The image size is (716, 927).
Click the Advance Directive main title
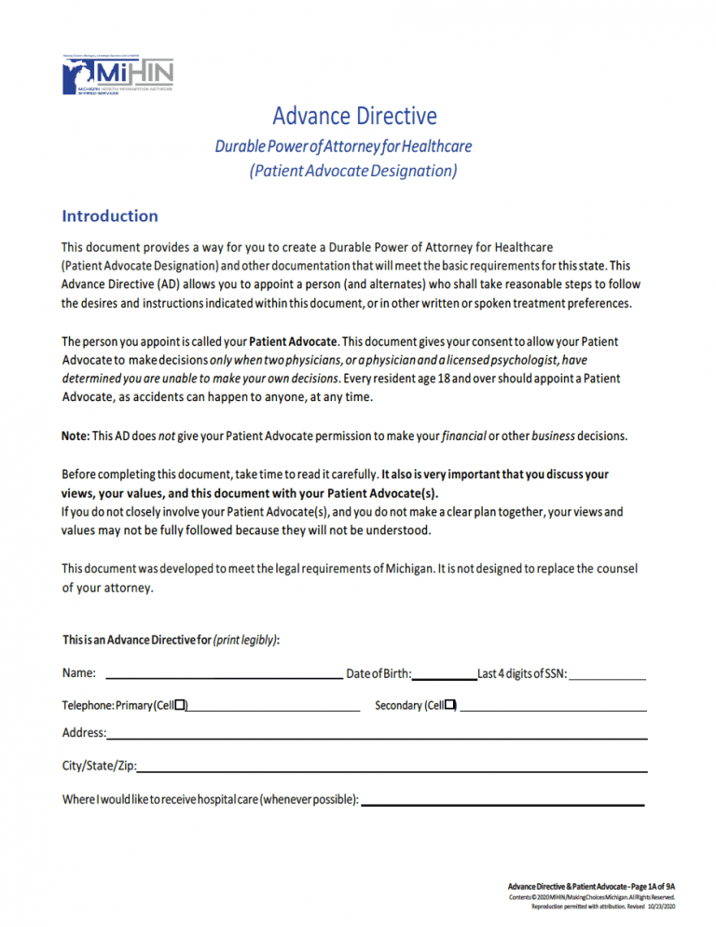pos(354,116)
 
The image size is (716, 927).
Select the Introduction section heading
pos(110,216)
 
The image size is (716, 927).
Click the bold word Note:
pos(76,435)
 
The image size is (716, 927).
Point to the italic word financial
pos(464,435)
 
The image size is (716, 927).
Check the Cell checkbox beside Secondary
pos(450,704)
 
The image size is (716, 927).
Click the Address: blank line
pos(378,737)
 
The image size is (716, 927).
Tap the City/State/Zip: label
pos(99,766)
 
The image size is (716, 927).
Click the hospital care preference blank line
pos(503,802)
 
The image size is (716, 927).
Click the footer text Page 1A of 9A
pos(652,886)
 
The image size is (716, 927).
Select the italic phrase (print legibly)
pos(245,640)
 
